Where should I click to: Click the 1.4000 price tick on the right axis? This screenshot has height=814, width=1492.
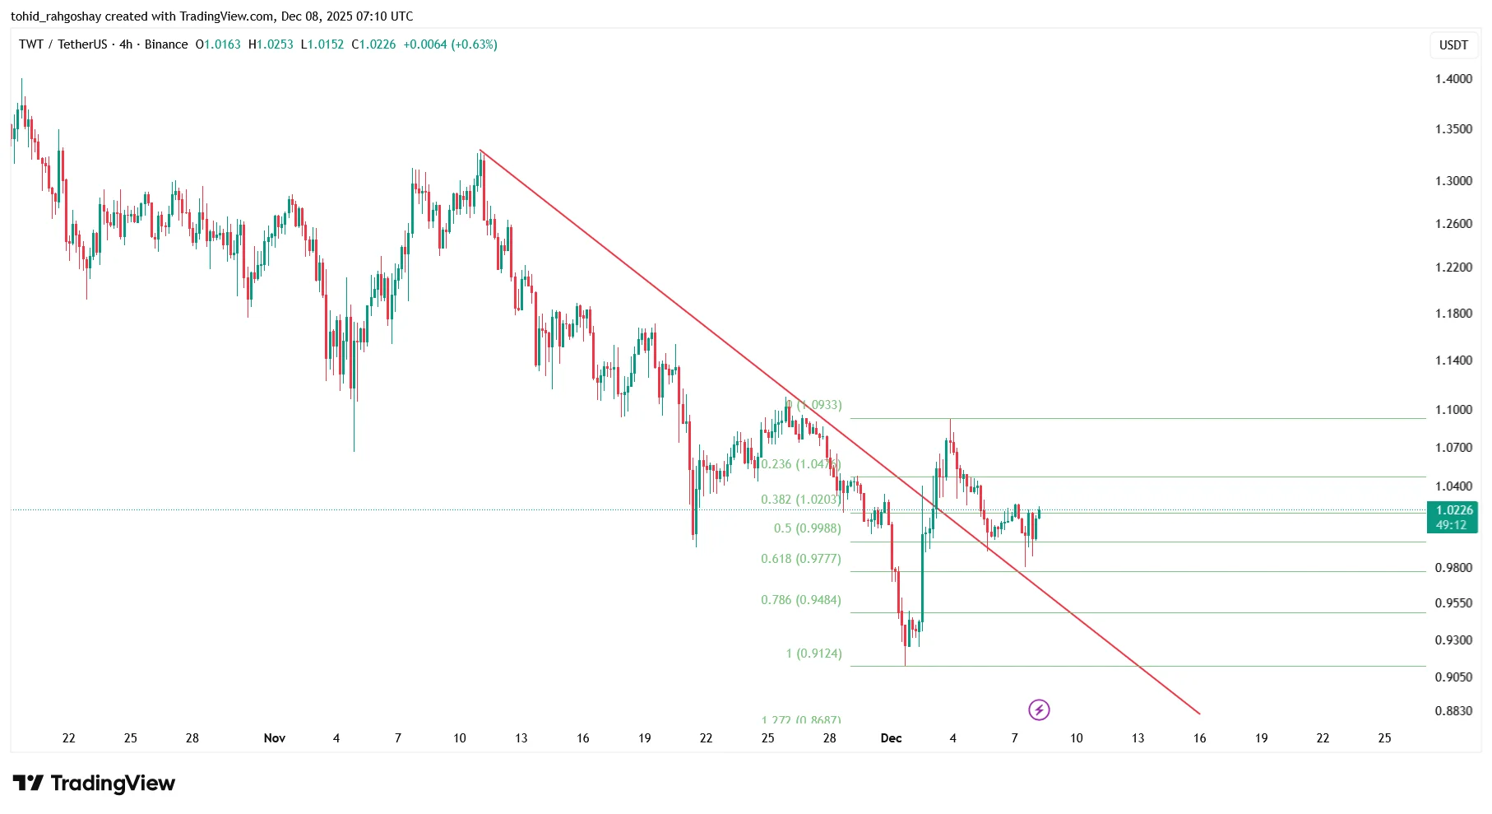pyautogui.click(x=1453, y=79)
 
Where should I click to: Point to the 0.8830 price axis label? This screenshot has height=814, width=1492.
pyautogui.click(x=1453, y=711)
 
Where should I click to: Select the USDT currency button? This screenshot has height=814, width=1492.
pyautogui.click(x=1453, y=45)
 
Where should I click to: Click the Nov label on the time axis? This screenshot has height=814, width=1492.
pyautogui.click(x=275, y=738)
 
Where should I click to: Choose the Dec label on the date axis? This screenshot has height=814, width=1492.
pyautogui.click(x=891, y=738)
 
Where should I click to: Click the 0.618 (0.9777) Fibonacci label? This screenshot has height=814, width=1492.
pyautogui.click(x=801, y=559)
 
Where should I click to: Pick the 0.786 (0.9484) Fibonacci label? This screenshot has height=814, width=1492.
pyautogui.click(x=801, y=600)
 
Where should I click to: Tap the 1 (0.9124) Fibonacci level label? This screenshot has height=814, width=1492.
pyautogui.click(x=813, y=654)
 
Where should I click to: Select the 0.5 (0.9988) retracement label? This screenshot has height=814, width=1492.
pyautogui.click(x=807, y=528)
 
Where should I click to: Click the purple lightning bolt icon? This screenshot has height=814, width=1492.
pyautogui.click(x=1039, y=709)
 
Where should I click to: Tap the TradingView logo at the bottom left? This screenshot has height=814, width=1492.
pyautogui.click(x=94, y=783)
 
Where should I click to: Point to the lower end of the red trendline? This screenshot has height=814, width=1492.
pyautogui.click(x=1199, y=714)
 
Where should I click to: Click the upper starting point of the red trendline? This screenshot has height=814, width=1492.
pyautogui.click(x=480, y=151)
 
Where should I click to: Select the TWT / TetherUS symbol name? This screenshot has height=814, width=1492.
pyautogui.click(x=63, y=44)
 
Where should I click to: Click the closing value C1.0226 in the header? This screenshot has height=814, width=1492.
pyautogui.click(x=373, y=44)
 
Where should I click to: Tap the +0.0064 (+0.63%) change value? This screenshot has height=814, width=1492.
pyautogui.click(x=450, y=44)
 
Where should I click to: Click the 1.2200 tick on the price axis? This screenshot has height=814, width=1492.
pyautogui.click(x=1453, y=267)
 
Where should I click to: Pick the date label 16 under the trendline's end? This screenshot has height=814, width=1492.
pyautogui.click(x=1199, y=738)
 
